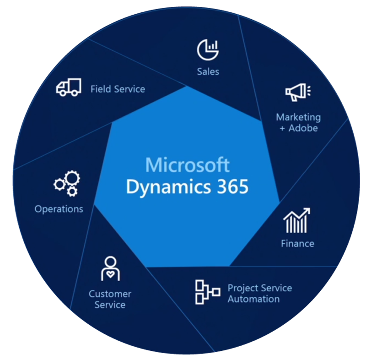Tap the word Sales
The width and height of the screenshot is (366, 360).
click(x=208, y=71)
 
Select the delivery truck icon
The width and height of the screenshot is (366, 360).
click(x=69, y=87)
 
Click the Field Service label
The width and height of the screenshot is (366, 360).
click(x=118, y=89)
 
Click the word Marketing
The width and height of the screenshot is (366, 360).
click(x=298, y=117)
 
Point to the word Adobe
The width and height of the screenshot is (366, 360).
click(x=303, y=128)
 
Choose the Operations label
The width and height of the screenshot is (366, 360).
click(x=59, y=209)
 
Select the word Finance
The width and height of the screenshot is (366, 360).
click(x=297, y=244)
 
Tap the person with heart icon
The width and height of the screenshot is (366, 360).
click(x=110, y=268)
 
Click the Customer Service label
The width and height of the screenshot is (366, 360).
click(x=110, y=299)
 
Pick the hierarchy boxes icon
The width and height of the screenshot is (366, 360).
click(x=207, y=292)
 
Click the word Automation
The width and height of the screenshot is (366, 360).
click(x=253, y=299)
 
